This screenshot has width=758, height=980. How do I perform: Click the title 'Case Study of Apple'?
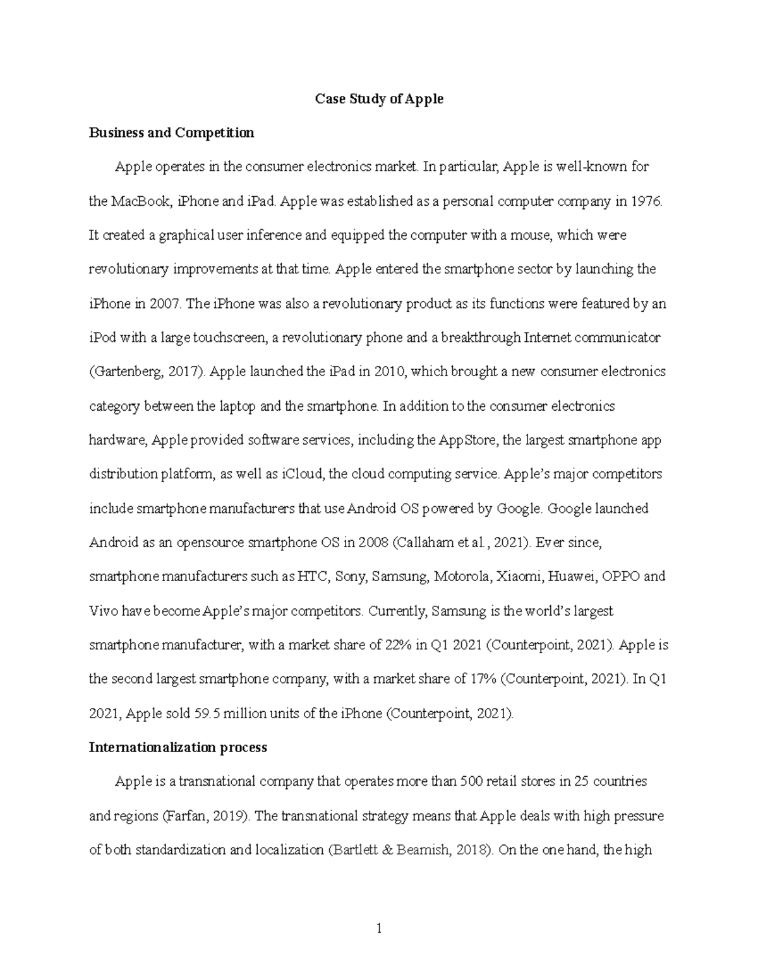379,99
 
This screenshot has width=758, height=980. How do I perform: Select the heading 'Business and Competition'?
171,133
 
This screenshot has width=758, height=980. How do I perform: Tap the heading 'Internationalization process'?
177,748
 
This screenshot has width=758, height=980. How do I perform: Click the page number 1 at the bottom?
379,928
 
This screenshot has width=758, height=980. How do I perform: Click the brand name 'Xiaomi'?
519,577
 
